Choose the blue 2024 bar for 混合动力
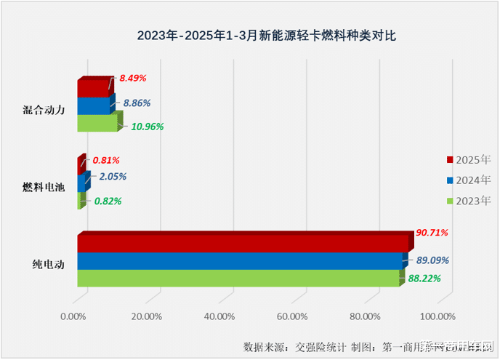click(94, 105)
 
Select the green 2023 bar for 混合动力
click(97, 123)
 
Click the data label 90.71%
click(432, 233)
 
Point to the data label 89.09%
click(432, 260)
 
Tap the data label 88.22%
click(425, 278)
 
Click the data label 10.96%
click(148, 126)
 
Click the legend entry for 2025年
click(469, 159)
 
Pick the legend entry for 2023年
click(469, 201)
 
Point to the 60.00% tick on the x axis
click(292, 316)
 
